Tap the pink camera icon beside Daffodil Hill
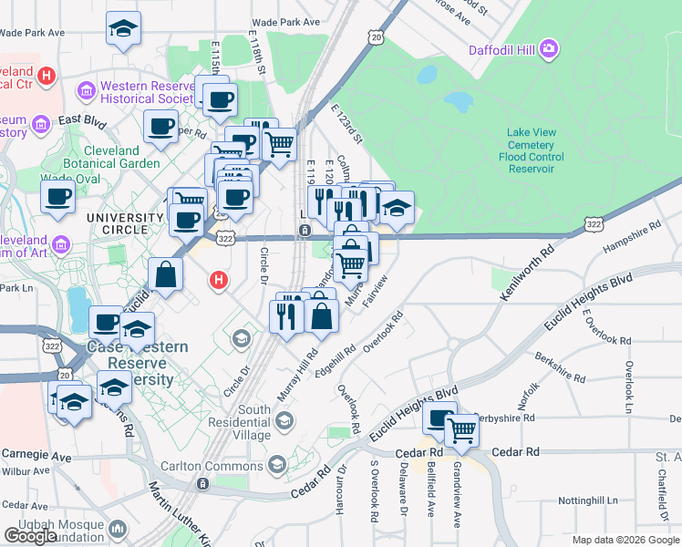548,48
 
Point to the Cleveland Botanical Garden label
122,157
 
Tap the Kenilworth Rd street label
527,273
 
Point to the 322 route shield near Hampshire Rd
593,224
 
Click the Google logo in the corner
30,536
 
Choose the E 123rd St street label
347,125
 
